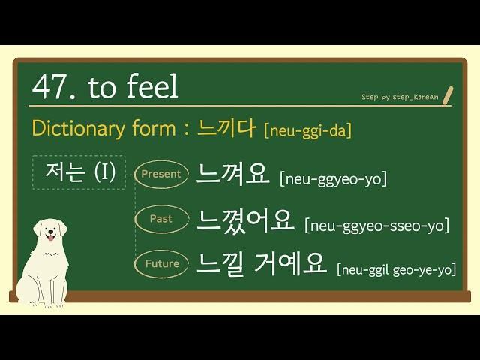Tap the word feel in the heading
click(152, 85)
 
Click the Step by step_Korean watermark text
click(400, 97)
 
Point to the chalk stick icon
click(447, 97)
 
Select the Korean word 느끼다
click(226, 128)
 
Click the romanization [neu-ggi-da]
click(307, 131)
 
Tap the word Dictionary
click(78, 128)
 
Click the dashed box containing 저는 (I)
click(79, 172)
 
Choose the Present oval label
click(161, 174)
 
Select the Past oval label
click(161, 219)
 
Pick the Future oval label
click(161, 264)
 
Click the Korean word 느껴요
click(232, 173)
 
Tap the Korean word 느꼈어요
click(245, 220)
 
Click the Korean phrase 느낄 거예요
click(261, 264)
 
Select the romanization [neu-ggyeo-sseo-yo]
click(376, 226)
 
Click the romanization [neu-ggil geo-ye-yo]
click(396, 270)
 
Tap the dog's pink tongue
click(50, 238)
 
